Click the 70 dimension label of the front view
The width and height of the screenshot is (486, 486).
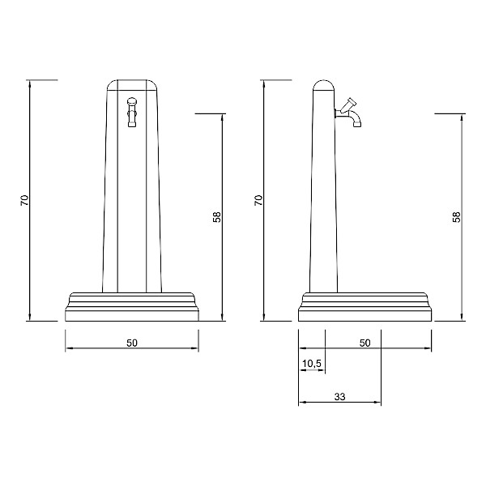(x=24, y=200)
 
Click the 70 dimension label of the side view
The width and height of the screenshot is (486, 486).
(x=258, y=200)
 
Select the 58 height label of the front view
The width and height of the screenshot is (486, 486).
(x=217, y=217)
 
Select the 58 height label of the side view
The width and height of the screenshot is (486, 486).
(x=457, y=217)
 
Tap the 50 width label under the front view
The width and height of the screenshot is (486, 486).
(x=132, y=343)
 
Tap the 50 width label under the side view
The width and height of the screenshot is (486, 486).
(x=364, y=343)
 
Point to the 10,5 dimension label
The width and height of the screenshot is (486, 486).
(x=312, y=363)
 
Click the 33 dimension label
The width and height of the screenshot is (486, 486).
(x=339, y=396)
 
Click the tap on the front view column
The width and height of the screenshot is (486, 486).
(x=132, y=113)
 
